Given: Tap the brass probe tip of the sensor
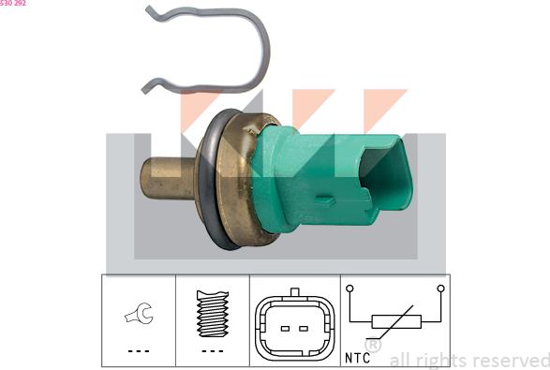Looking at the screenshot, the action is [x=168, y=179].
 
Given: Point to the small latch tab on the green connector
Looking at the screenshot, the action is [x=325, y=200].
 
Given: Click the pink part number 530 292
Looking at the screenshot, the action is [x=12, y=3].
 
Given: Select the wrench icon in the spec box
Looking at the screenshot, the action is [x=139, y=313].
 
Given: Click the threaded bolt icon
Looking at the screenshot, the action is [x=213, y=314].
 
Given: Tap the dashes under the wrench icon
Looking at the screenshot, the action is [x=139, y=351].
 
